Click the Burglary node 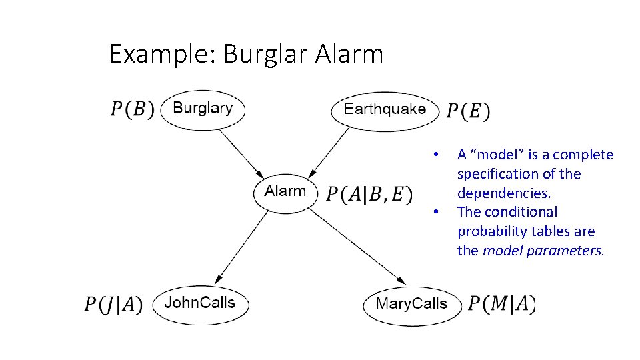[203, 109]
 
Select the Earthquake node [385, 109]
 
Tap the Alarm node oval [285, 192]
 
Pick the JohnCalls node [199, 303]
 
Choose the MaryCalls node [411, 305]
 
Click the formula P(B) [132, 109]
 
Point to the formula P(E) [468, 111]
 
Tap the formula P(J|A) [113, 305]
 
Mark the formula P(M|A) [502, 304]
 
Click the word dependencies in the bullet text [503, 193]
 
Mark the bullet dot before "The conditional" [435, 213]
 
